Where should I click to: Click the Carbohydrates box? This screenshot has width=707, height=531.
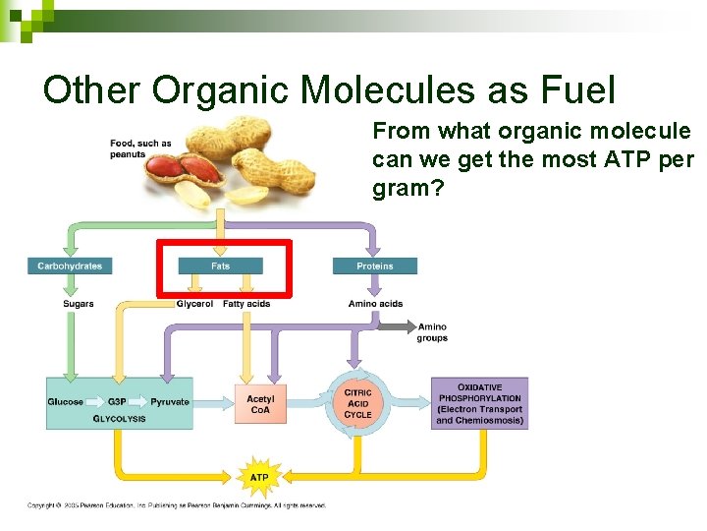coord(70,265)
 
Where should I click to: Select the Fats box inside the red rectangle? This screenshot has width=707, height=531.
coord(221,265)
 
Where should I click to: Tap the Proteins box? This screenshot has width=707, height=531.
coord(374,265)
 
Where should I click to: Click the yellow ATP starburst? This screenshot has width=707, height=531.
coord(259,477)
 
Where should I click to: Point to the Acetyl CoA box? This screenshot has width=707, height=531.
coord(260,404)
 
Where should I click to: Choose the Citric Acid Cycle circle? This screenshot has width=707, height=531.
coord(357,403)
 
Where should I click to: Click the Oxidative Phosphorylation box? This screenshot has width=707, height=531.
coord(479,403)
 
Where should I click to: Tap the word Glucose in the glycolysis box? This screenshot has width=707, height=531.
coord(66,401)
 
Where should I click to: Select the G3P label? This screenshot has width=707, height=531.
coord(117,401)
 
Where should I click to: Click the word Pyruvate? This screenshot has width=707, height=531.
coord(169,401)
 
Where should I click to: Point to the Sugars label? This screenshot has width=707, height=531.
coord(79,304)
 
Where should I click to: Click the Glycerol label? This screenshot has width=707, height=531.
coord(194,304)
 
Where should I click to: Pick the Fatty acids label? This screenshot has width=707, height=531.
coord(246,304)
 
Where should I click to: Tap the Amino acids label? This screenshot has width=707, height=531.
coord(375,304)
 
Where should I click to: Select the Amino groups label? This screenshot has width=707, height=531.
coord(432,332)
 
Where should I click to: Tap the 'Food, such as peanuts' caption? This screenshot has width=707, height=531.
coord(140,149)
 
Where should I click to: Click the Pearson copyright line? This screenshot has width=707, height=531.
coord(177,505)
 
